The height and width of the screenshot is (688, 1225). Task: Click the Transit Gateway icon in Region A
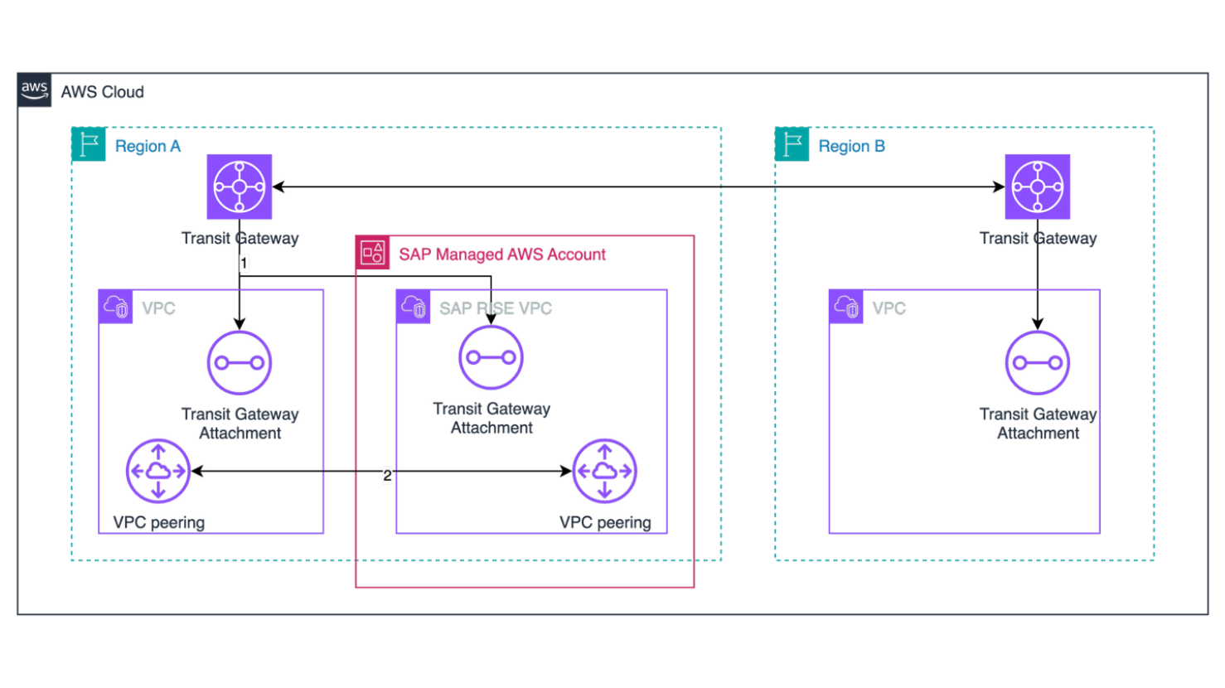(240, 187)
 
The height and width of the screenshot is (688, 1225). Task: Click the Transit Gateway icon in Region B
(1037, 187)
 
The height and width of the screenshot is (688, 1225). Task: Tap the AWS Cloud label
(102, 92)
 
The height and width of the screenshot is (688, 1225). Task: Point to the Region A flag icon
(89, 144)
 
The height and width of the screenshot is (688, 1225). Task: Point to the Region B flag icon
(792, 144)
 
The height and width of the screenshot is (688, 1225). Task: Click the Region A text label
(148, 147)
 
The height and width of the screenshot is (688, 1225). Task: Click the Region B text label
(851, 147)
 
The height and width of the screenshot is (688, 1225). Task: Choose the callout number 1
(245, 264)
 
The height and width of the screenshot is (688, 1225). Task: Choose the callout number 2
(387, 476)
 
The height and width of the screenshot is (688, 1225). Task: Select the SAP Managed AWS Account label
(502, 254)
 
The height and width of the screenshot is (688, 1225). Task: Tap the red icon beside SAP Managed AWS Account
(372, 253)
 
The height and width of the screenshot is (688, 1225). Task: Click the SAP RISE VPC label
(496, 308)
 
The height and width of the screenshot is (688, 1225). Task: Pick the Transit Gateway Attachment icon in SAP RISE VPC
(491, 357)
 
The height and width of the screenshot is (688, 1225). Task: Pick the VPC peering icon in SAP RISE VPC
(604, 471)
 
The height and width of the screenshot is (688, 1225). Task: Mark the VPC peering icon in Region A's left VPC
(158, 471)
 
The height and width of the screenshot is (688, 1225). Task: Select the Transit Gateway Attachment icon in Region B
(1037, 363)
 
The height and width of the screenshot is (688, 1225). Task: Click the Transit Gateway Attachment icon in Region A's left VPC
(240, 363)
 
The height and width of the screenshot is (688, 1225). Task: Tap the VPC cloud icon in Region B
(845, 307)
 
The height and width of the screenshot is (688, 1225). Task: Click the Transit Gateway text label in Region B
(1038, 239)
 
